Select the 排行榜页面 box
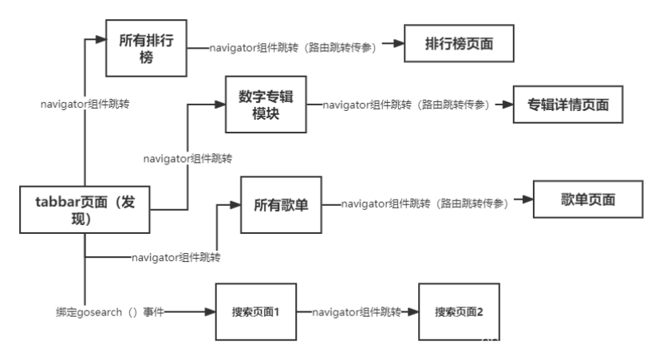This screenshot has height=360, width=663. (459, 44)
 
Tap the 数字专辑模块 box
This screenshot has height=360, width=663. (266, 105)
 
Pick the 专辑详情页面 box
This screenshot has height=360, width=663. (567, 105)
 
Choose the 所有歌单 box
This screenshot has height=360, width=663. (281, 205)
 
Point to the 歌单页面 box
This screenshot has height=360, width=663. (587, 200)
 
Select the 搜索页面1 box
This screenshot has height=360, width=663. (255, 311)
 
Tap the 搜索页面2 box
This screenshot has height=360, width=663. (459, 311)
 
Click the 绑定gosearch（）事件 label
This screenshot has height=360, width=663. (110, 312)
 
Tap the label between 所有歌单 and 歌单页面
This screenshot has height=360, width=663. (424, 204)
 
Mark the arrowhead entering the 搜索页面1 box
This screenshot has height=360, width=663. (211, 311)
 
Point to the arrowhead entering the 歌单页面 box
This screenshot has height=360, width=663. (527, 201)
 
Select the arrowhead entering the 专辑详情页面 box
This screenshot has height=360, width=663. (506, 105)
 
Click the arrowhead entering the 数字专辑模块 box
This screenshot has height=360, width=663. (220, 103)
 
